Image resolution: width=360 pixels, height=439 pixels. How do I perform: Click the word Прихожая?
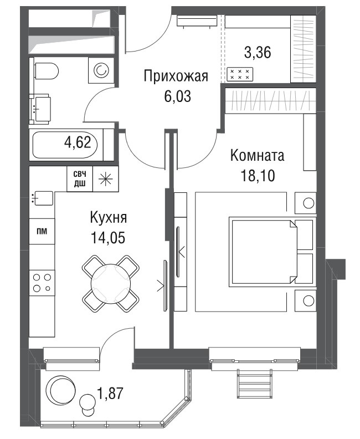pos(176,76)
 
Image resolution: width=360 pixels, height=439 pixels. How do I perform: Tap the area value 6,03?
pos(177,96)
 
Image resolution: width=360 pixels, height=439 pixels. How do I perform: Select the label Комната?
pos(257,156)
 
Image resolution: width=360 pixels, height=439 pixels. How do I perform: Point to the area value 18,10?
pos(258,176)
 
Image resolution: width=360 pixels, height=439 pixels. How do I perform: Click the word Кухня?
pos(109,217)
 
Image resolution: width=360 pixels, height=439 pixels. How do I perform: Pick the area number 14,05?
pos(107,238)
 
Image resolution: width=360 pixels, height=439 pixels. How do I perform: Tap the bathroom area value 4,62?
pos(78,142)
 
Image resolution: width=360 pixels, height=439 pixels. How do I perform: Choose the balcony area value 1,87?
pos(110,393)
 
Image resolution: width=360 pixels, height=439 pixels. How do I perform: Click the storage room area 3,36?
pos(258,53)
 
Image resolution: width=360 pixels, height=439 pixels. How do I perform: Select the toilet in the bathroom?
pos(47,71)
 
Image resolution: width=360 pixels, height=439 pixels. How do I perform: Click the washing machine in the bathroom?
pos(101,70)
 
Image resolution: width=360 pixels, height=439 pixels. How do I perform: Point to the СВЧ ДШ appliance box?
pos(80,179)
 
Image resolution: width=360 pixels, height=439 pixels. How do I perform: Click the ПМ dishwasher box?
pos(42,231)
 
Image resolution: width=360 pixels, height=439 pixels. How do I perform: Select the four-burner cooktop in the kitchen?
pos(42,283)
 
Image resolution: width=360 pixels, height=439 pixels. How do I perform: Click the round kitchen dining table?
pos(111,284)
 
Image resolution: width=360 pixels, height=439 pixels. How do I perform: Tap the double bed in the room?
pos(272,252)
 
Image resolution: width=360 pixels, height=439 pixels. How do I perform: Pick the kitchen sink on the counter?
pos(43,198)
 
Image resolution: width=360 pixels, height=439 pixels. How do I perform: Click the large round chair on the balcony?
pos(61,389)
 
